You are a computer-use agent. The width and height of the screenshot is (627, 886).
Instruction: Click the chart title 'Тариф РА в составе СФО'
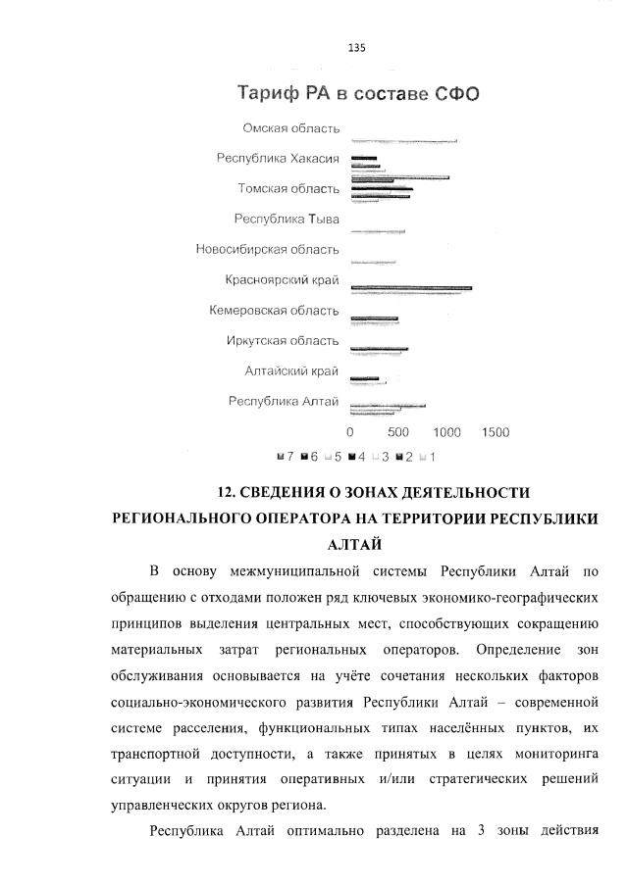[357, 94]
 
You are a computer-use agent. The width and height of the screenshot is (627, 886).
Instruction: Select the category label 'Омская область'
[290, 128]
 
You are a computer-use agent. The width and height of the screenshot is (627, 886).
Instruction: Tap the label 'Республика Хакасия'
[278, 159]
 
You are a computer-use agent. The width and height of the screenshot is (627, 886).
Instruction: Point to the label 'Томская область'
[288, 189]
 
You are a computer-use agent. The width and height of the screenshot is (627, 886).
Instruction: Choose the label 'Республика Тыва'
[287, 220]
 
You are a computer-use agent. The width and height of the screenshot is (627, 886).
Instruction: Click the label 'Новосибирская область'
[268, 250]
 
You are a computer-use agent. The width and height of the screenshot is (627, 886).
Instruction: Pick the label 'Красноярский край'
[282, 280]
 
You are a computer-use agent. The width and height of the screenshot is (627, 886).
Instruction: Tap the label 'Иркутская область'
[283, 341]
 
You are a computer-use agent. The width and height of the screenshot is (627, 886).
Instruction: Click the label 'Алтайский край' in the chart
[291, 371]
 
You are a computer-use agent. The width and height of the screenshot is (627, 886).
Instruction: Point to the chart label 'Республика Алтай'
[284, 401]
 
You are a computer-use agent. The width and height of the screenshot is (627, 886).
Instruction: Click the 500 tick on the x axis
[397, 432]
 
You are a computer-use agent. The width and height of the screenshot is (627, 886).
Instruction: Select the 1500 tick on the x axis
[495, 432]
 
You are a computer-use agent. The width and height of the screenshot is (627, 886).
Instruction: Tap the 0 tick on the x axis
[350, 432]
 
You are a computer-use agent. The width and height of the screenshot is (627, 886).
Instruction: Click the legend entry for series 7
[287, 456]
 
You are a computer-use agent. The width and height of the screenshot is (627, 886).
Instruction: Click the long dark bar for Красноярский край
[411, 288]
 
